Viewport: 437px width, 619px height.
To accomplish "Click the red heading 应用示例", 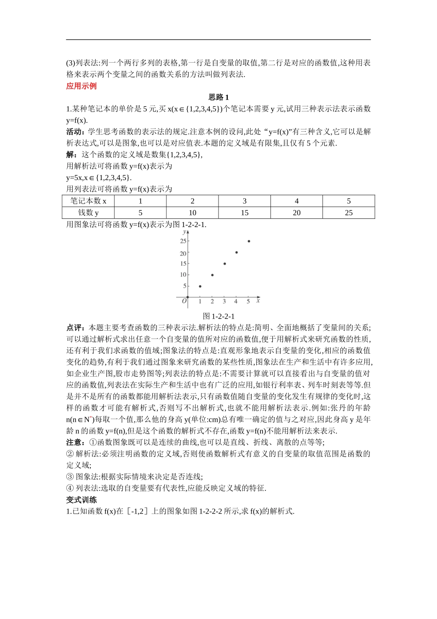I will click(x=81, y=86).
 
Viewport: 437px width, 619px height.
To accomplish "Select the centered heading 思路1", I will click(x=218, y=97).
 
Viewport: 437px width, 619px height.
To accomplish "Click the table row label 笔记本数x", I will click(x=88, y=201).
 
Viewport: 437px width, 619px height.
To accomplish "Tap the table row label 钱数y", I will click(x=88, y=212).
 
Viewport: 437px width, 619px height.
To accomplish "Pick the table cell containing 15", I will click(x=244, y=212).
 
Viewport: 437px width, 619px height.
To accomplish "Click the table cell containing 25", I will click(x=348, y=212).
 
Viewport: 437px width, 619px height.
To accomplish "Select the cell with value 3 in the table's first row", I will click(x=244, y=201).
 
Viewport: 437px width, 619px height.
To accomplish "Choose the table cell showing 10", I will click(x=192, y=212).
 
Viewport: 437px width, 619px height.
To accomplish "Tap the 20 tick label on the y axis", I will click(x=183, y=253).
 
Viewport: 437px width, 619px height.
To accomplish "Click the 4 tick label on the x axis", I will click(x=236, y=302).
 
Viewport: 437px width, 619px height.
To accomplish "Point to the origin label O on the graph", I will click(x=184, y=301).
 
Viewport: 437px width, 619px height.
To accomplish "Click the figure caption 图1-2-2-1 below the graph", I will click(x=218, y=316).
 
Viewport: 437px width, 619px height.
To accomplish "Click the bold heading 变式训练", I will click(x=81, y=500).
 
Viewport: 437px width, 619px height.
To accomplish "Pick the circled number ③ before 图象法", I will click(x=70, y=477).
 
